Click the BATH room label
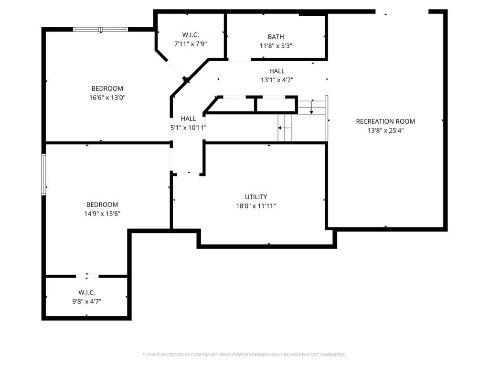(x=276, y=37)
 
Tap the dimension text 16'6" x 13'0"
(x=107, y=97)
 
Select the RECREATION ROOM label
(x=385, y=121)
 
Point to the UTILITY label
(x=256, y=197)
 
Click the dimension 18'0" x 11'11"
(x=256, y=206)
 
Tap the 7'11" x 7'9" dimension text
(x=191, y=44)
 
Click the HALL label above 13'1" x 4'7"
(x=277, y=71)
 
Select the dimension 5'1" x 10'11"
(x=188, y=128)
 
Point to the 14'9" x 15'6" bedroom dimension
(x=102, y=214)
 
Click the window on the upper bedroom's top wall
(x=100, y=30)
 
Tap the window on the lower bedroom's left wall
(x=43, y=174)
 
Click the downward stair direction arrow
(x=311, y=107)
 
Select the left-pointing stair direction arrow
(x=285, y=128)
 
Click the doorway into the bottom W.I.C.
(x=87, y=276)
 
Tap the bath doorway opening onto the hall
(x=240, y=59)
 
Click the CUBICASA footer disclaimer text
(x=244, y=355)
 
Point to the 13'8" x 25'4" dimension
(x=385, y=130)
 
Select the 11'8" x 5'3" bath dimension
(x=276, y=46)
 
